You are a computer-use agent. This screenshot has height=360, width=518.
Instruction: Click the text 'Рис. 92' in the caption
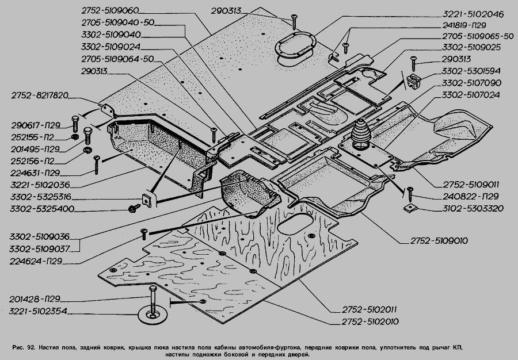tap(23, 348)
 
